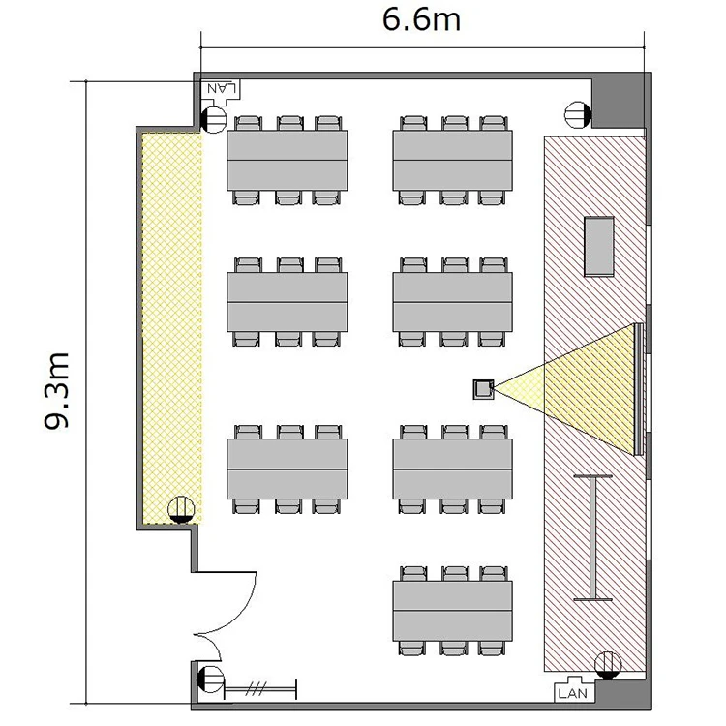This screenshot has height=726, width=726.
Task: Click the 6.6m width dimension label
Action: [x=421, y=20]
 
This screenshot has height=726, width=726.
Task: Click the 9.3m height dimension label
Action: [x=56, y=391]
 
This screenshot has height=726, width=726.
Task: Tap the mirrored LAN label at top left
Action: [x=222, y=88]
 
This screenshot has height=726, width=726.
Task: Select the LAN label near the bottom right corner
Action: [x=573, y=693]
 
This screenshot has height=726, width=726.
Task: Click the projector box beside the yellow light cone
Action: [x=483, y=389]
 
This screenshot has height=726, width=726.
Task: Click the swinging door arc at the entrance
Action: [x=231, y=611]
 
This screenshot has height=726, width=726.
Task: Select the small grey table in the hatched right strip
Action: [x=599, y=246]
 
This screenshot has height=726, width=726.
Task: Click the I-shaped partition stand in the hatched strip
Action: [x=592, y=538]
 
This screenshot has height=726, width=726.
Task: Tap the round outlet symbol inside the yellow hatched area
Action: [x=181, y=509]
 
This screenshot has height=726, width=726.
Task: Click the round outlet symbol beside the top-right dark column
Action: [x=578, y=114]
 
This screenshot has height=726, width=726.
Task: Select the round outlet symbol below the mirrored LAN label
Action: [x=214, y=119]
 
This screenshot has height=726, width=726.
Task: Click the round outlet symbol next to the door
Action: [x=211, y=680]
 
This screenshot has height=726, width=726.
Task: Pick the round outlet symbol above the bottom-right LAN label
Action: [x=608, y=665]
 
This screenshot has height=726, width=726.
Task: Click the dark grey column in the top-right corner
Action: [x=619, y=102]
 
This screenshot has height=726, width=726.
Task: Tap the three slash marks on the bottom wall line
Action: [x=256, y=689]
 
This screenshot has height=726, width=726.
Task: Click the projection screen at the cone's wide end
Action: [x=639, y=389]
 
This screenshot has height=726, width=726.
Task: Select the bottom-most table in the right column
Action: [x=452, y=611]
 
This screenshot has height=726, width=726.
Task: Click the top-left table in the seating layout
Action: [x=287, y=160]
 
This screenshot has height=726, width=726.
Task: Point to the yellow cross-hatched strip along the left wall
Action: [x=171, y=328]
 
